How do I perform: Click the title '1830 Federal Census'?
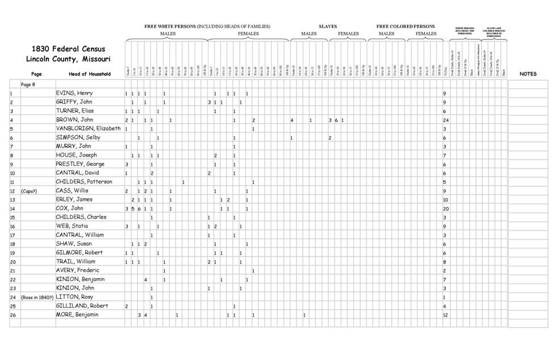(x=69, y=49)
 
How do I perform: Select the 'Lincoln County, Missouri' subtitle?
(x=69, y=60)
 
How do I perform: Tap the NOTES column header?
(x=528, y=74)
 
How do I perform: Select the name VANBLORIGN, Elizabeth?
(x=88, y=128)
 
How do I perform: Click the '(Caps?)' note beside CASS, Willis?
(x=30, y=191)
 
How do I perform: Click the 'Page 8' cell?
(x=29, y=84)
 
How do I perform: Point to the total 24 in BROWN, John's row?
(x=446, y=120)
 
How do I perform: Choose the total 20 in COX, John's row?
(x=446, y=208)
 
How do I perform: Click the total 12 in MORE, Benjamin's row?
(x=446, y=315)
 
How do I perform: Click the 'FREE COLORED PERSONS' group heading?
(x=405, y=27)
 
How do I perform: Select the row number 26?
(x=12, y=315)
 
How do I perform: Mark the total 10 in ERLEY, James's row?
(x=446, y=200)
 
